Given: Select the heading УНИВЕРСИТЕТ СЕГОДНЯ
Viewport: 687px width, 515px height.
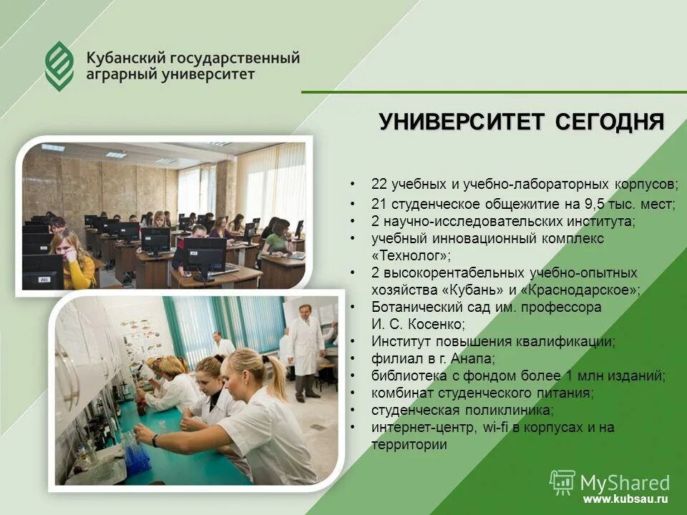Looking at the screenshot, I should [521, 122].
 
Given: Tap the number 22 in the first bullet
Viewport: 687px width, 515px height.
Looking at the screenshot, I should [379, 184].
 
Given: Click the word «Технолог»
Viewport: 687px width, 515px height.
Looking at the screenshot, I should [411, 255].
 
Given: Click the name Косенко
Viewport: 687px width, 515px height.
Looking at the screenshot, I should [437, 324].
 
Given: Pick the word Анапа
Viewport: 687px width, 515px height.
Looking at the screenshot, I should [468, 358].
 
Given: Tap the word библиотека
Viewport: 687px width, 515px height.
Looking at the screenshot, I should [405, 376].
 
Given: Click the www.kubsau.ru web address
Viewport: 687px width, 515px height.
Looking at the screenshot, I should [625, 499].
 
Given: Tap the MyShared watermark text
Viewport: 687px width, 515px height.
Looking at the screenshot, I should [625, 481].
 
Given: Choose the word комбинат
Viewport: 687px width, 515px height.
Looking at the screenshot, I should [401, 393].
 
